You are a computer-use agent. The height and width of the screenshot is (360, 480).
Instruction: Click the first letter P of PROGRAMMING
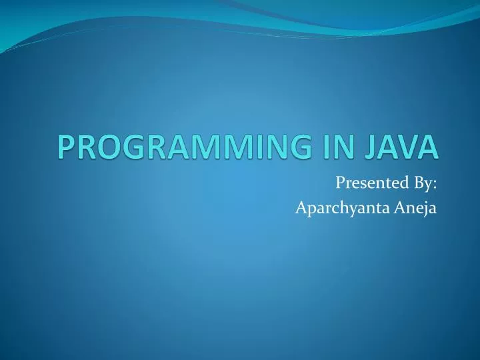coord(65,147)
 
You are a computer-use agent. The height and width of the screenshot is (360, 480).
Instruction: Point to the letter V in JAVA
coord(415,147)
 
